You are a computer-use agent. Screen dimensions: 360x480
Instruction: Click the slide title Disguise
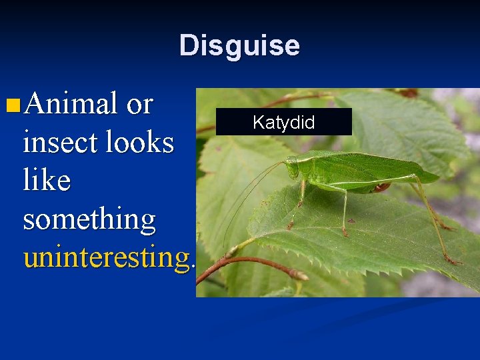point(239,46)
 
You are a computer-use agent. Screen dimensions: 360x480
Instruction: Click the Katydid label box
point(283,123)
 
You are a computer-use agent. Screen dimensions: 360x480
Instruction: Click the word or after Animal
point(139,105)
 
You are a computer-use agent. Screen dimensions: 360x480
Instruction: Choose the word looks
point(141,142)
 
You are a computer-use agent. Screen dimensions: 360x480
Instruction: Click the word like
point(47,180)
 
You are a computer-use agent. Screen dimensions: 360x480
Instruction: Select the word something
point(89,219)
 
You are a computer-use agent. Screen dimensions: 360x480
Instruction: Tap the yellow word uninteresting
point(106,257)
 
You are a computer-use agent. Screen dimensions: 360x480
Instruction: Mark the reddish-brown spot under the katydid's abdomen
point(381,188)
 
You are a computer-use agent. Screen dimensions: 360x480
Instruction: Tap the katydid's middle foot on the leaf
point(345,233)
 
